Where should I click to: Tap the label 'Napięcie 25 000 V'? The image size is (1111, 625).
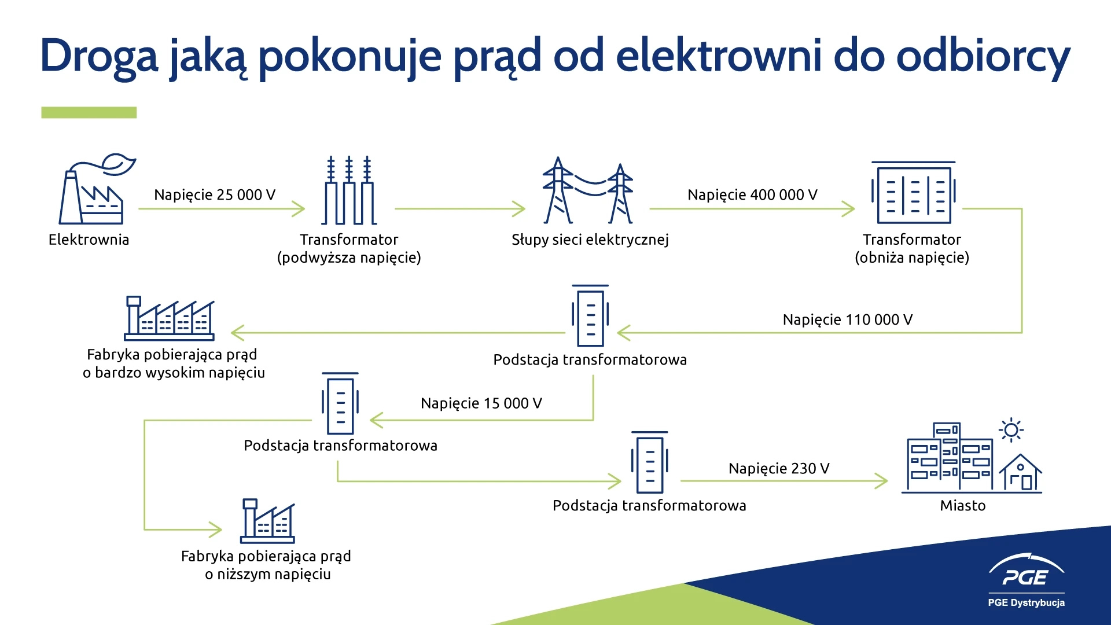pyautogui.click(x=215, y=195)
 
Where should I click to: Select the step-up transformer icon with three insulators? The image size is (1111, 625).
pyautogui.click(x=349, y=190)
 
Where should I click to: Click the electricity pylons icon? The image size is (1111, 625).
pyautogui.click(x=588, y=190)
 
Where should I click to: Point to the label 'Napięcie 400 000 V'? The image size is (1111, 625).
pyautogui.click(x=752, y=195)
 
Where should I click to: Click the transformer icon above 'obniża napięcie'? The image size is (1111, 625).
pyautogui.click(x=914, y=192)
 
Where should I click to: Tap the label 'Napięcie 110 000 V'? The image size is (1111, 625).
pyautogui.click(x=848, y=320)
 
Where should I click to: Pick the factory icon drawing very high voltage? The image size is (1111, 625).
pyautogui.click(x=170, y=318)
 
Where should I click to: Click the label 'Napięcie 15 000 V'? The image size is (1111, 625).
pyautogui.click(x=481, y=403)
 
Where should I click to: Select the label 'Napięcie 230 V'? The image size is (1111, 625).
pyautogui.click(x=779, y=469)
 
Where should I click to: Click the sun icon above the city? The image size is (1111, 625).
pyautogui.click(x=1011, y=430)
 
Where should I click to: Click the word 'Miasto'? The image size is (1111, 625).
pyautogui.click(x=963, y=506)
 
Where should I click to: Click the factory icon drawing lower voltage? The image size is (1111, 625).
pyautogui.click(x=267, y=521)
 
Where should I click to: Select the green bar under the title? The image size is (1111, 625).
pyautogui.click(x=89, y=112)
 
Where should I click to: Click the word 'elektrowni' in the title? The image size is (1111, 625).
pyautogui.click(x=718, y=56)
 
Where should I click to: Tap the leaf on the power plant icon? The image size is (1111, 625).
pyautogui.click(x=118, y=164)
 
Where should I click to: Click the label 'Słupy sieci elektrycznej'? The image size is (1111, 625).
pyautogui.click(x=590, y=240)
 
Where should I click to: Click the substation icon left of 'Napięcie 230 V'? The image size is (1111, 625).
pyautogui.click(x=650, y=462)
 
